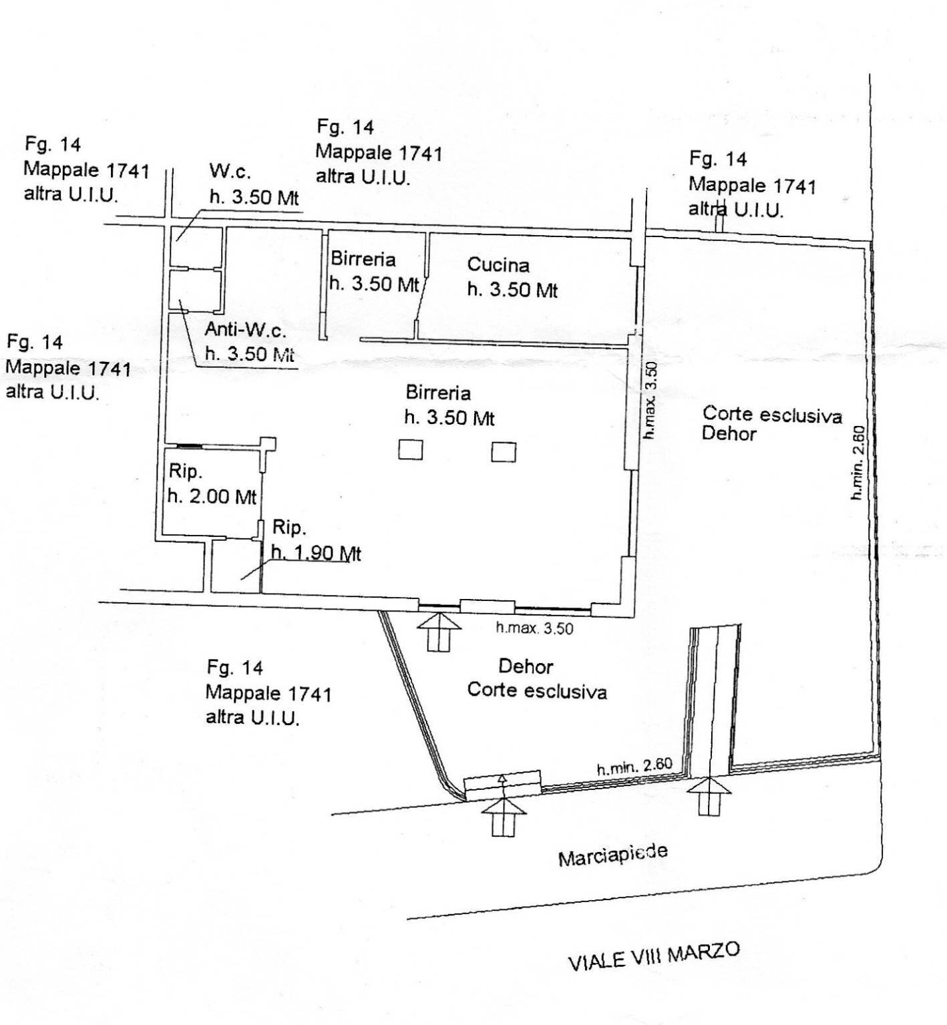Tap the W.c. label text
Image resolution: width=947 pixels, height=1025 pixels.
[230, 171]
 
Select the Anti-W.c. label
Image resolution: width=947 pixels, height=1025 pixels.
[245, 329]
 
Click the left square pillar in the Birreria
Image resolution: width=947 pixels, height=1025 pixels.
[411, 449]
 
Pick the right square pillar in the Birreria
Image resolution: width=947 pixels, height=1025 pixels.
[504, 451]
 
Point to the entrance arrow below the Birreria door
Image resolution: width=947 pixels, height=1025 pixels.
[438, 632]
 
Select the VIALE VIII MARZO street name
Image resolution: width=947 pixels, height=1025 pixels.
[654, 956]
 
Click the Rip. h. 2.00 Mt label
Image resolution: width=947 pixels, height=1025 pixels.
[212, 484]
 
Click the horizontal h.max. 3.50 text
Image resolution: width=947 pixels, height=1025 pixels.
[534, 628]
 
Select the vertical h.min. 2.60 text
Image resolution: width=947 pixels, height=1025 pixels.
[859, 463]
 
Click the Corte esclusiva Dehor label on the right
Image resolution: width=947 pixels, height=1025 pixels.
[771, 423]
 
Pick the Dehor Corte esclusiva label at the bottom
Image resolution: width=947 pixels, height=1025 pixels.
[536, 678]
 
